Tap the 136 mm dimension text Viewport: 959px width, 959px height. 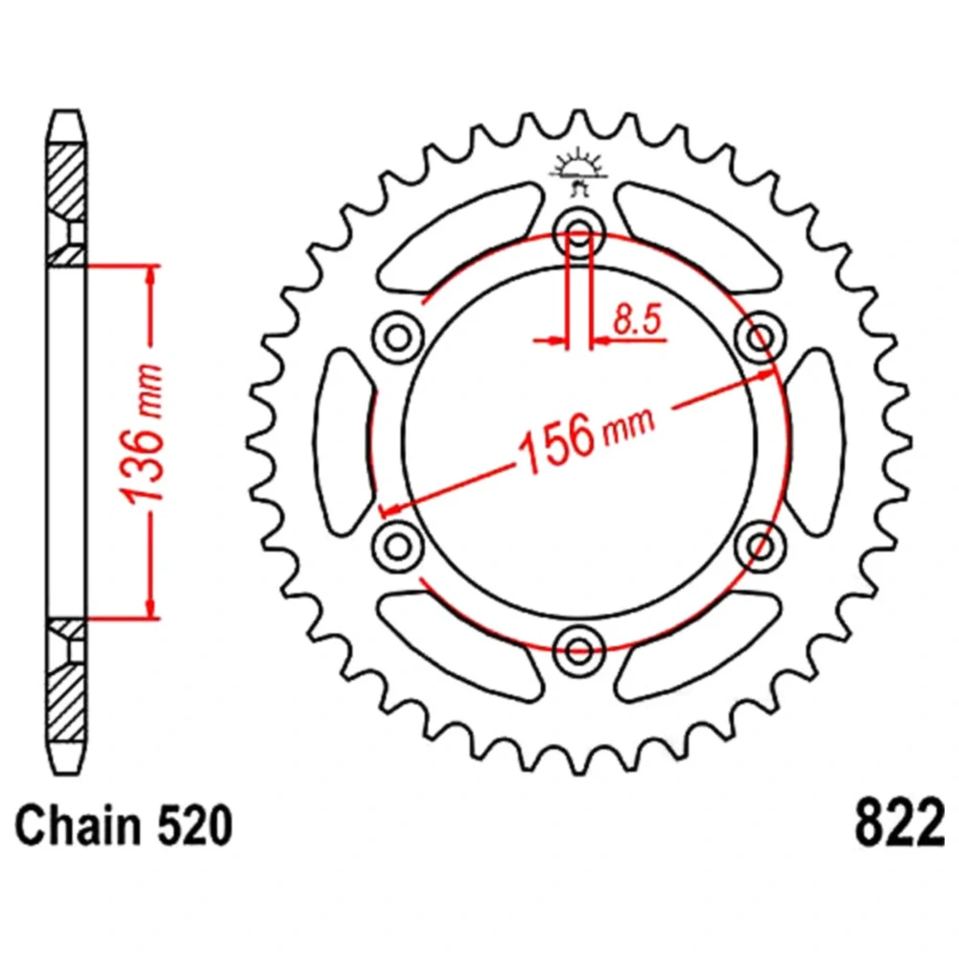(x=142, y=434)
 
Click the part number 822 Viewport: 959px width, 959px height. (x=899, y=823)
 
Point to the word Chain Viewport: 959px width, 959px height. (x=77, y=825)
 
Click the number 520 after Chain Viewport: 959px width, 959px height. (x=196, y=826)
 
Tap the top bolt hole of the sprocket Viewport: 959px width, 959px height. (x=579, y=232)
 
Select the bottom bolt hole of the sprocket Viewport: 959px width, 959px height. (x=579, y=650)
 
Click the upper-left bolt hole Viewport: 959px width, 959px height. (x=398, y=337)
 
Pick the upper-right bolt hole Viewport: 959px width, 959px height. (x=760, y=337)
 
